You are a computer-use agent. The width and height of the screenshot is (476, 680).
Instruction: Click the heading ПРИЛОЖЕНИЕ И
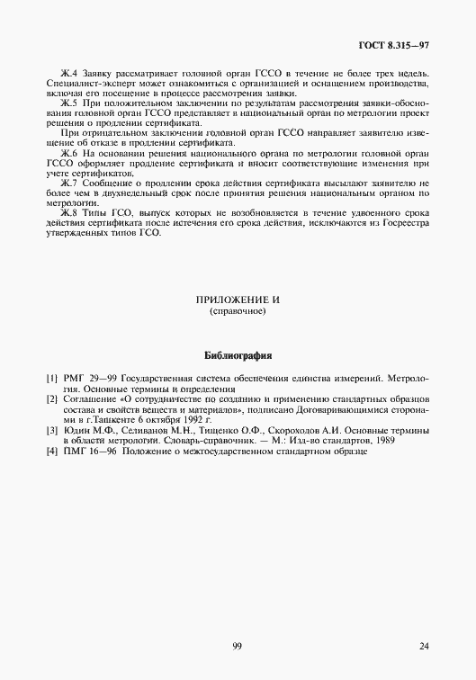click(238, 301)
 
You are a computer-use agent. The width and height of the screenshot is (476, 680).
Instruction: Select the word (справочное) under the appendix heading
click(238, 312)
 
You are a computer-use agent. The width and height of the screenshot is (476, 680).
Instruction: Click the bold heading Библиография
click(238, 355)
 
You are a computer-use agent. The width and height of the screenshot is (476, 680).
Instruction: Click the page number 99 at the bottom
click(237, 646)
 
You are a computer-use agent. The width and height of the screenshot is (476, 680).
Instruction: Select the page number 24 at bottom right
click(424, 646)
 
